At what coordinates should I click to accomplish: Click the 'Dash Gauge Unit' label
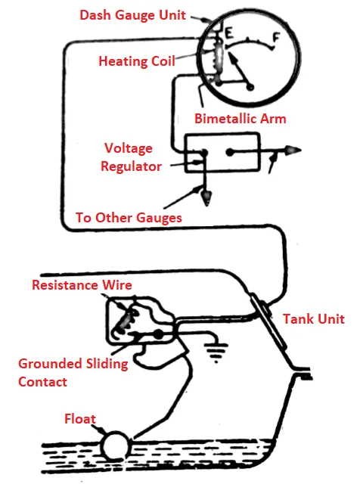click(x=133, y=15)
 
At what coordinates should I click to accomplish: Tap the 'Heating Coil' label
click(x=137, y=60)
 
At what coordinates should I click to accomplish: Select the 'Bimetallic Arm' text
click(x=241, y=119)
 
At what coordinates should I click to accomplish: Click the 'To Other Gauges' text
click(x=129, y=218)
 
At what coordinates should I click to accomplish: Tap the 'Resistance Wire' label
click(x=82, y=284)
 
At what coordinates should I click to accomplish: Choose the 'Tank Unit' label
click(x=314, y=319)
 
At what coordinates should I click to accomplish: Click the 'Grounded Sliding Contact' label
click(x=73, y=373)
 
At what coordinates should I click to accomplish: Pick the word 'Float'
click(x=80, y=419)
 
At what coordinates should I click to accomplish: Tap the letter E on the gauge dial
click(x=229, y=33)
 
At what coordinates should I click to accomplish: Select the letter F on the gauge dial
click(x=276, y=38)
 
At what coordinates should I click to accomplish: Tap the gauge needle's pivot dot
click(x=250, y=87)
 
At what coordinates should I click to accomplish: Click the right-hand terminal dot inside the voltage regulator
click(x=230, y=152)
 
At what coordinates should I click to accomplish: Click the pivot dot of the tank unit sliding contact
click(x=158, y=334)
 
